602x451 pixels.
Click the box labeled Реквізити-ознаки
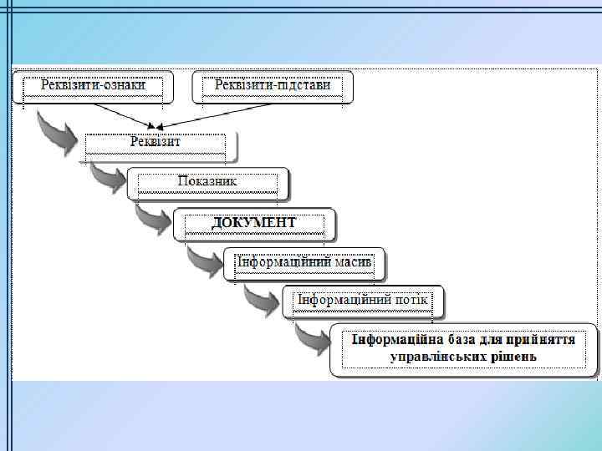point(93,86)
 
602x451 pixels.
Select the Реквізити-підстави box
point(273,86)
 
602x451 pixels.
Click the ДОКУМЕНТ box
point(254,223)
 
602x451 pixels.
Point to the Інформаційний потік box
point(364,301)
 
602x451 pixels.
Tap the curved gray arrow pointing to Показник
point(106,176)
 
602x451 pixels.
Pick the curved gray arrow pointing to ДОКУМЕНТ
point(152,219)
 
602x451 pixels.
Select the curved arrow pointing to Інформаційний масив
point(202,260)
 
